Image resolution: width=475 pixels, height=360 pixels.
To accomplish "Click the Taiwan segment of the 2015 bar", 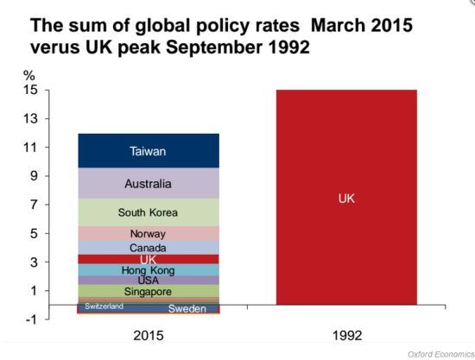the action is tap(149, 151).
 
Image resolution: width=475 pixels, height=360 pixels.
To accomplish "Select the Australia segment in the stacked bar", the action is tap(149, 183).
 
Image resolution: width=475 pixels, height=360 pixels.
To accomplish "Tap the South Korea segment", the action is tap(149, 212).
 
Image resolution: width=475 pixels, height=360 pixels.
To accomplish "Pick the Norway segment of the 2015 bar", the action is tap(149, 233).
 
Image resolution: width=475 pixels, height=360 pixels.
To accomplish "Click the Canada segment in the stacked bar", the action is tap(149, 248).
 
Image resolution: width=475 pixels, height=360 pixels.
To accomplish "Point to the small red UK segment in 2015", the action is tap(149, 259).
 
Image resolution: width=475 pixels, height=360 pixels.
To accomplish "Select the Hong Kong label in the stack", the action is tap(149, 270).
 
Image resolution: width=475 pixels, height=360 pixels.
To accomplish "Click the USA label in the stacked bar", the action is tap(149, 280).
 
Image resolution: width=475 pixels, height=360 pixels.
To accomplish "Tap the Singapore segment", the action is tap(149, 291).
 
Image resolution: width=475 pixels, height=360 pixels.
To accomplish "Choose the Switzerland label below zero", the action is tap(104, 306).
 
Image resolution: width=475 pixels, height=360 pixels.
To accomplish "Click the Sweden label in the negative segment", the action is tap(187, 308).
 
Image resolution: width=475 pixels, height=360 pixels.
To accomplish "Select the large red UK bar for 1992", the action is tap(346, 197).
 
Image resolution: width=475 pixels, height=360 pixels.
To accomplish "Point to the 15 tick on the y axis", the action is tap(30, 90).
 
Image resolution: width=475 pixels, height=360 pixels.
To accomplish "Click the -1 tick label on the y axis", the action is tap(31, 319).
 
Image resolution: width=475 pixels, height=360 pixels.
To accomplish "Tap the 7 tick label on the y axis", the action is tap(34, 205).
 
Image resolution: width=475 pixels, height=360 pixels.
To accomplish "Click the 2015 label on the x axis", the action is tap(149, 336).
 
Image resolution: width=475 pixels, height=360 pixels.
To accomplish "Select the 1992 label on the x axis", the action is tap(347, 336).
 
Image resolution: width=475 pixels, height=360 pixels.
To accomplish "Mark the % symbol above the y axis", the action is tap(29, 75).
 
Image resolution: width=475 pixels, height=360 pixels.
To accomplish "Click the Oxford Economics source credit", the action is tap(441, 354).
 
